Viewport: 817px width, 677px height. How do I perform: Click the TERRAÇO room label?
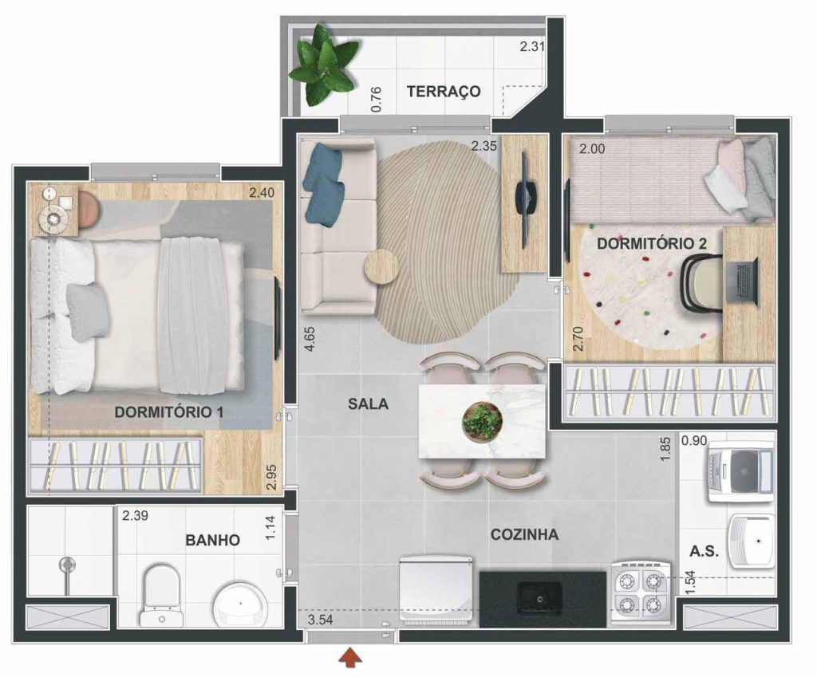444,91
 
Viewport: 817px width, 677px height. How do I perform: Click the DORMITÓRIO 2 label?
651,243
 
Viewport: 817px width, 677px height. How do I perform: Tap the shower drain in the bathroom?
66,564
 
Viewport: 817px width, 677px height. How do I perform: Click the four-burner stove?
641,592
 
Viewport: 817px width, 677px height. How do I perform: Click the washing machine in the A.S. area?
740,471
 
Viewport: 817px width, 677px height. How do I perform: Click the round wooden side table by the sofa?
382,266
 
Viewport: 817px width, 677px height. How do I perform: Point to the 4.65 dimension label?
310,338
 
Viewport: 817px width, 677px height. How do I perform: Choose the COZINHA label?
524,534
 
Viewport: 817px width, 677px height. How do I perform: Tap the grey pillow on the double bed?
88,312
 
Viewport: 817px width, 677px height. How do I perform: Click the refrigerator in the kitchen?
436,589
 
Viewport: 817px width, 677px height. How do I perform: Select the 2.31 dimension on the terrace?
532,46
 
